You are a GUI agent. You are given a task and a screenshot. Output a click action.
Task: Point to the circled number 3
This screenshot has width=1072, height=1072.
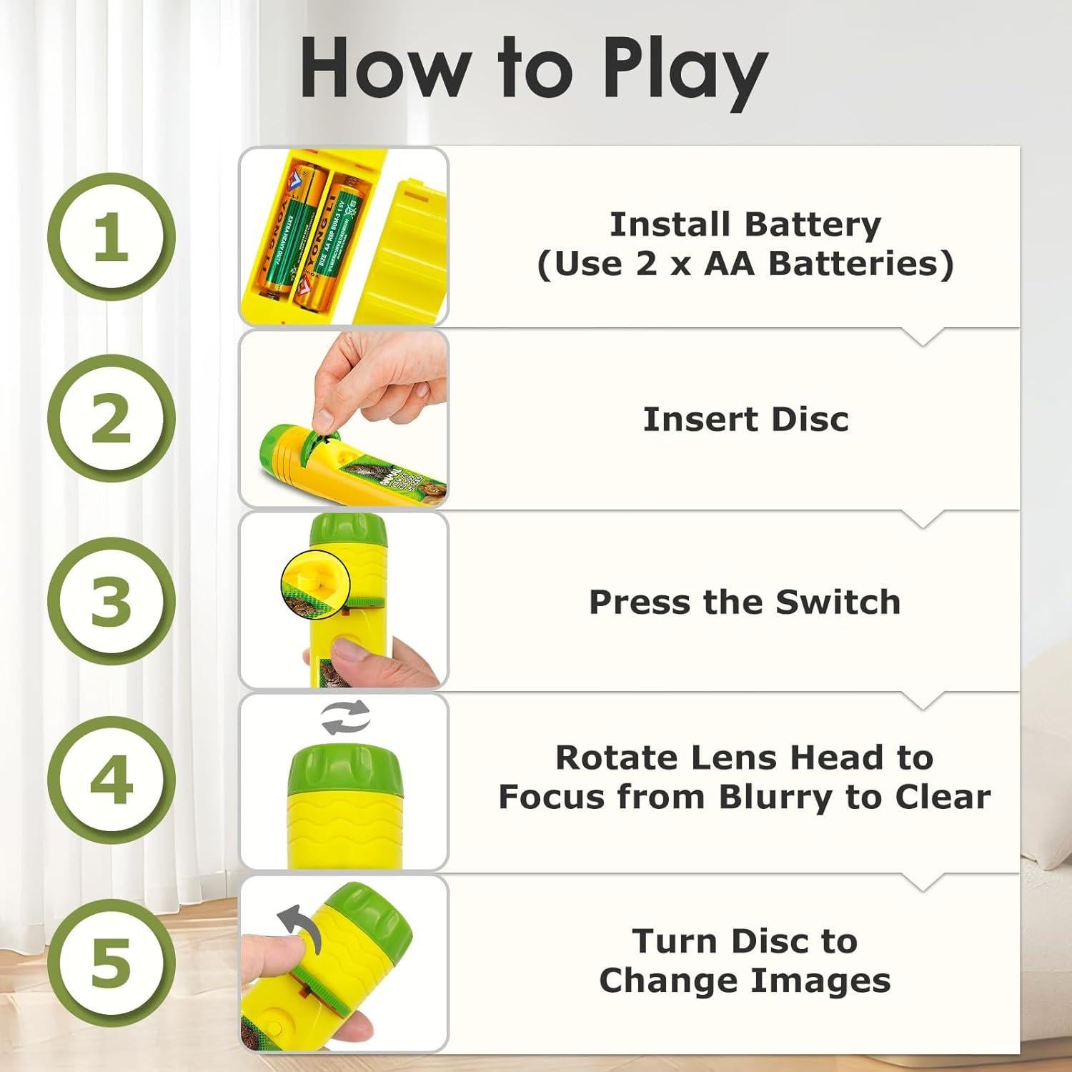(x=111, y=600)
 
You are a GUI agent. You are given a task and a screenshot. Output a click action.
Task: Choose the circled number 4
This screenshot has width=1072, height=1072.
(x=111, y=780)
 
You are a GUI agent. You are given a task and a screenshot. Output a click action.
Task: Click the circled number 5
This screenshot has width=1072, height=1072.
(x=111, y=962)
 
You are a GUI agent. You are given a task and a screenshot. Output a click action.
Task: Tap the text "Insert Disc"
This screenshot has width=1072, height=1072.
(x=745, y=420)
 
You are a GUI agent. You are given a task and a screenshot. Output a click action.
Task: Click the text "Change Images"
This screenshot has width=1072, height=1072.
(x=745, y=981)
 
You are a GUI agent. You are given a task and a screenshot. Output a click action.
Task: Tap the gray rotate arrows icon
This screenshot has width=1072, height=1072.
(x=346, y=718)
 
